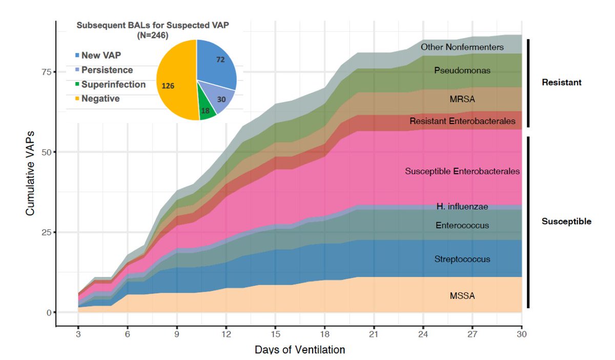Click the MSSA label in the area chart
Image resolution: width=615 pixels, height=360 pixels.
tap(462, 295)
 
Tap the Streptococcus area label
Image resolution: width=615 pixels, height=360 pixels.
tap(462, 259)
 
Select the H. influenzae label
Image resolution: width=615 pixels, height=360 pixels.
tap(462, 207)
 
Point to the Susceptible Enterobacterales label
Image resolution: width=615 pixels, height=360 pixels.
tap(462, 171)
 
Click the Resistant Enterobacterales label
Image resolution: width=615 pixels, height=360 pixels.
tap(462, 122)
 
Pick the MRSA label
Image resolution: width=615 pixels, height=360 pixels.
tap(462, 99)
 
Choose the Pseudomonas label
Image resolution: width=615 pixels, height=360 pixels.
tap(462, 70)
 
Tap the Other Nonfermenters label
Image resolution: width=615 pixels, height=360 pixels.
tap(462, 47)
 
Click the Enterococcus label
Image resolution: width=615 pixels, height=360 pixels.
tap(462, 225)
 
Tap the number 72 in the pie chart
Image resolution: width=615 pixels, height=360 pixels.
tap(220, 60)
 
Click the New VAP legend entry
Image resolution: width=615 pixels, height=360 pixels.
tap(101, 55)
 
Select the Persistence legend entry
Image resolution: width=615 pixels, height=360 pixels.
tap(107, 70)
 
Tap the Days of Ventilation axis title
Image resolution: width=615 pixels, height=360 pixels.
tap(300, 350)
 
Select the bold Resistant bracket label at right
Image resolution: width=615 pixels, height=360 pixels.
tap(562, 82)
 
